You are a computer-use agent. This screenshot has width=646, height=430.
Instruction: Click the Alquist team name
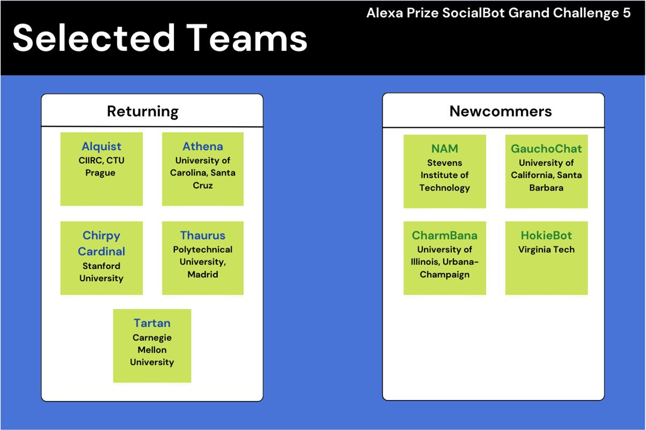coord(101,147)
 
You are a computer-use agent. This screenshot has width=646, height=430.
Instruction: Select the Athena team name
coord(203,147)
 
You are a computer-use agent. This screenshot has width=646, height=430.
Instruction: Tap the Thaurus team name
coord(203,235)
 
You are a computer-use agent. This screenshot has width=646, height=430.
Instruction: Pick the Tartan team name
coord(152,323)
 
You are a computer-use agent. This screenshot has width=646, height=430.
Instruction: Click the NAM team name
coord(445,149)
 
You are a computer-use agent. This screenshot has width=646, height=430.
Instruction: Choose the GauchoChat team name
coord(546,149)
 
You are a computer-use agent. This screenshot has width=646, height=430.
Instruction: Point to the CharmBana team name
coord(444,235)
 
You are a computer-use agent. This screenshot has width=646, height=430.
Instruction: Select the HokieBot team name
coord(546,235)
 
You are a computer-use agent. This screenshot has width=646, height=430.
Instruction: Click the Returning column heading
coord(143,112)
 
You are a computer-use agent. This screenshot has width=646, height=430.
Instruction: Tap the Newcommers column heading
coord(501,111)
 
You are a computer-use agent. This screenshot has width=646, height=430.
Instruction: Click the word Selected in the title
coord(94,38)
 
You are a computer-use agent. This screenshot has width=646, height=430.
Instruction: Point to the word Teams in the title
coord(247,38)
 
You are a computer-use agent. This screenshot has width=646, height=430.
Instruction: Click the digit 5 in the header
coord(626,13)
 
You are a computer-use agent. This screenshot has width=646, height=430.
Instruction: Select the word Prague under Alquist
coord(100,173)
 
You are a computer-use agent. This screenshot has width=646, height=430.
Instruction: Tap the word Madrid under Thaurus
coord(203,274)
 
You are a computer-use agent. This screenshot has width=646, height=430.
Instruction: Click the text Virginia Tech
coord(546,249)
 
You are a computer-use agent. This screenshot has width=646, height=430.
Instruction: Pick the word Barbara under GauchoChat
coord(546,187)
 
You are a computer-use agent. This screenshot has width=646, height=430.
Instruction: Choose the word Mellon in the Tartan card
coord(152,350)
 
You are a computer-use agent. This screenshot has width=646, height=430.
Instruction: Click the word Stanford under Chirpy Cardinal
coord(101,266)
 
